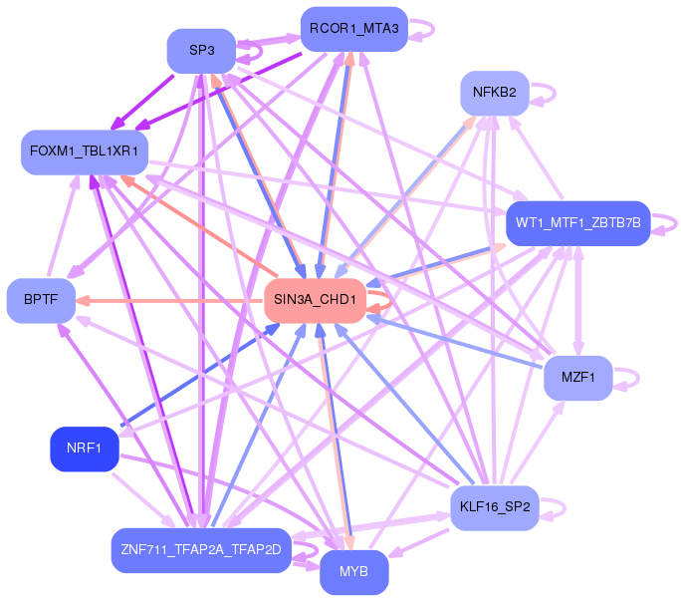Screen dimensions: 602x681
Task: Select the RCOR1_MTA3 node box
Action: point(353,29)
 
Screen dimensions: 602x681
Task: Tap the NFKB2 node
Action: point(494,93)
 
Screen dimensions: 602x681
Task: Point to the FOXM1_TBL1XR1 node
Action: point(85,151)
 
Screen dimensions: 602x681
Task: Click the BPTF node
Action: point(41,300)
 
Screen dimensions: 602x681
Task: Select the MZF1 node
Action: point(577,378)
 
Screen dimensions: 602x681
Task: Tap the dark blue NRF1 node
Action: point(85,449)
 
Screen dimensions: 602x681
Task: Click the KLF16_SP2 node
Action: point(494,507)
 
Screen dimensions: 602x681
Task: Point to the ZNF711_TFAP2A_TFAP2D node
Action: point(201,549)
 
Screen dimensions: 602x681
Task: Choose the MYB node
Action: point(353,572)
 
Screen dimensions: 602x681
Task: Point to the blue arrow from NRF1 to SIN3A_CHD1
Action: point(199,380)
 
